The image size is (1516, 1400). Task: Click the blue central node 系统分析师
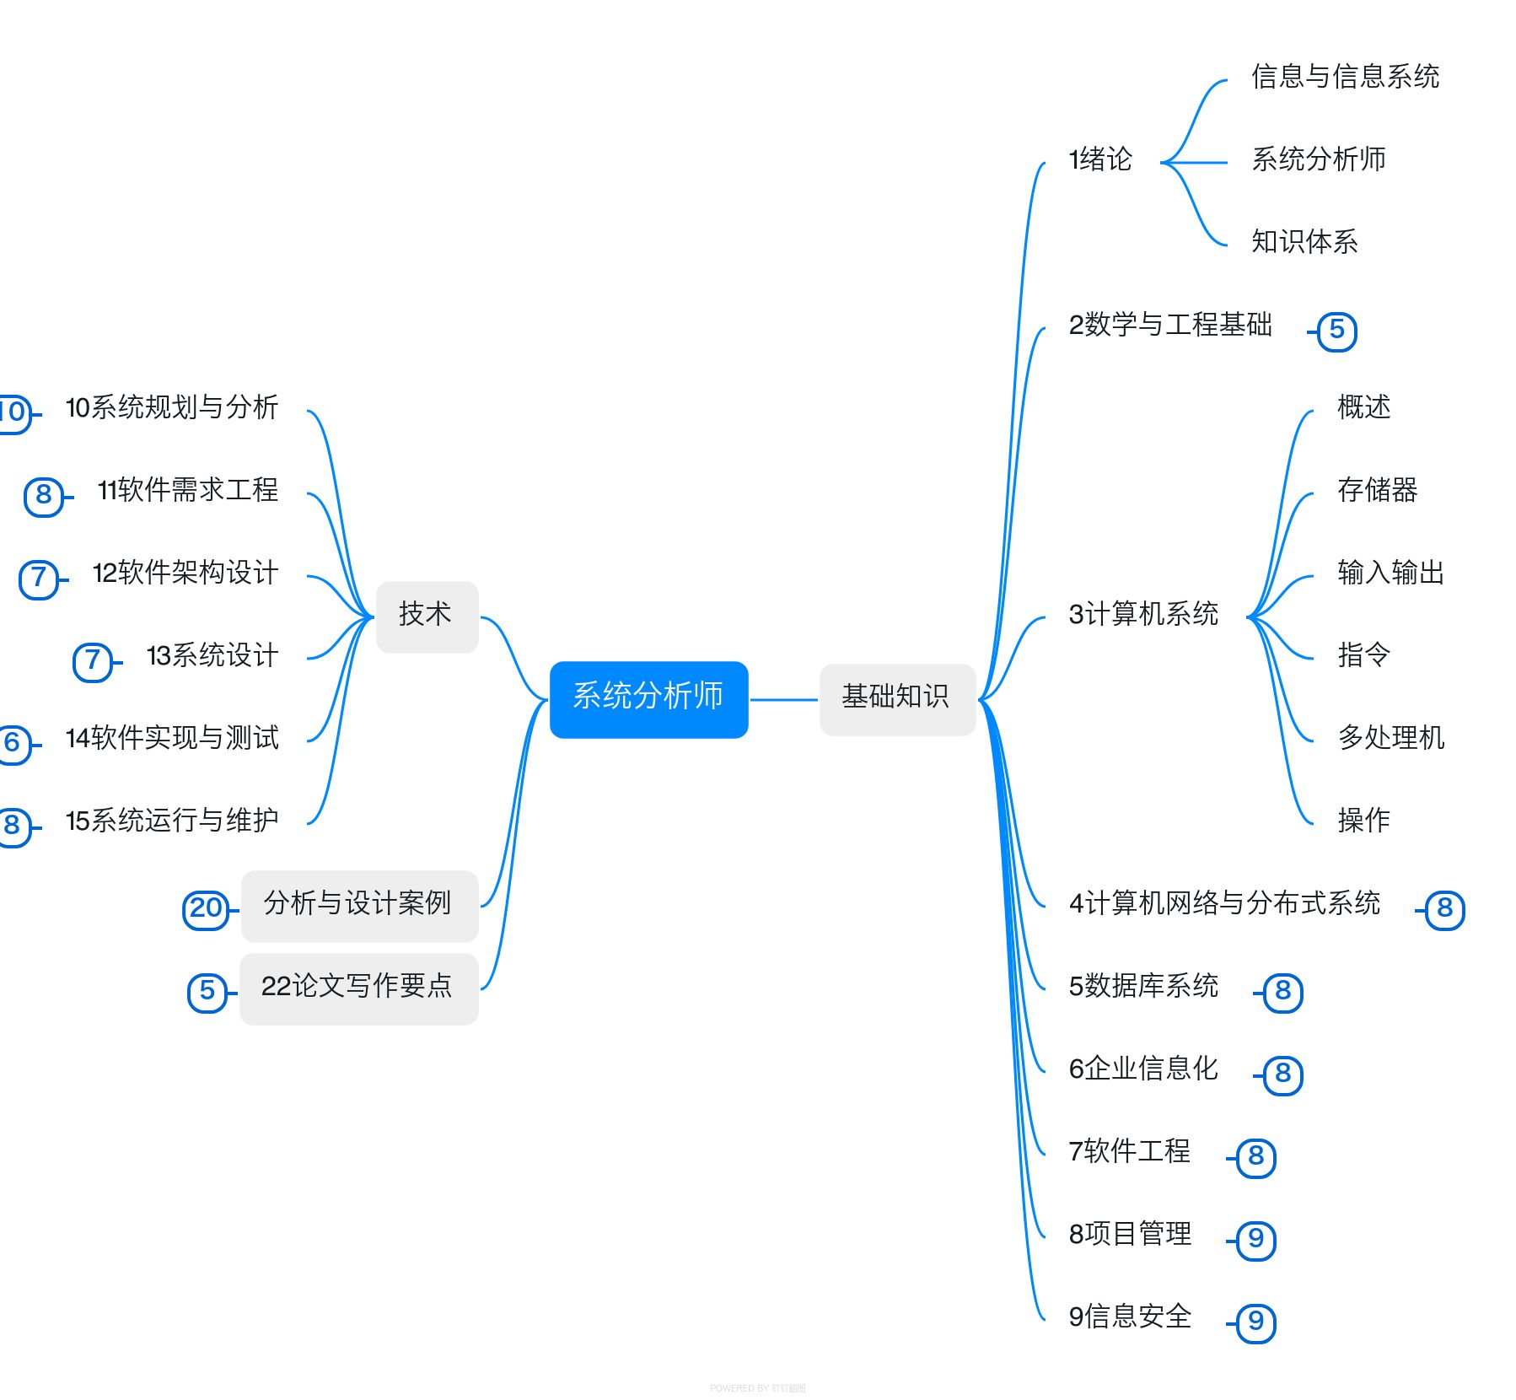648,699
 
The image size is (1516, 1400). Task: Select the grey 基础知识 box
897,699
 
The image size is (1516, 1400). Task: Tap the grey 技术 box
427,617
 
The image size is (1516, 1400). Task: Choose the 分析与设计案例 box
359,906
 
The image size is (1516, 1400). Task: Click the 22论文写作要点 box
358,988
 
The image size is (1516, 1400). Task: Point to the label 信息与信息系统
1345,77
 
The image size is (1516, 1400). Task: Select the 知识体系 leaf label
1304,242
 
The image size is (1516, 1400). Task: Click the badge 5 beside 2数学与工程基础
1336,331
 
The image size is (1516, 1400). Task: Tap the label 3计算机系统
1143,615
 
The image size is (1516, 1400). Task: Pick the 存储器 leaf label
1377,490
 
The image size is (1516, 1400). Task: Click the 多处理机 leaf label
1390,738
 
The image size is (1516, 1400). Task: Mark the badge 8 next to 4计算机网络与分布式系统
1444,909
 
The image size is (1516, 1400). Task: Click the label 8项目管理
1130,1235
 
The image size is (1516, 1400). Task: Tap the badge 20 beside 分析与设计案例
206,909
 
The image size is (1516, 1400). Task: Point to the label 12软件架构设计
185,573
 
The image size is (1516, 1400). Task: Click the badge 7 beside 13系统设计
93,661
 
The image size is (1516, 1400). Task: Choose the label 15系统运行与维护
172,821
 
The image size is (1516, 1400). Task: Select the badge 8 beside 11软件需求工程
44,496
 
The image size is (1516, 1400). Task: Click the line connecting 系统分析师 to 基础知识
784,699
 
